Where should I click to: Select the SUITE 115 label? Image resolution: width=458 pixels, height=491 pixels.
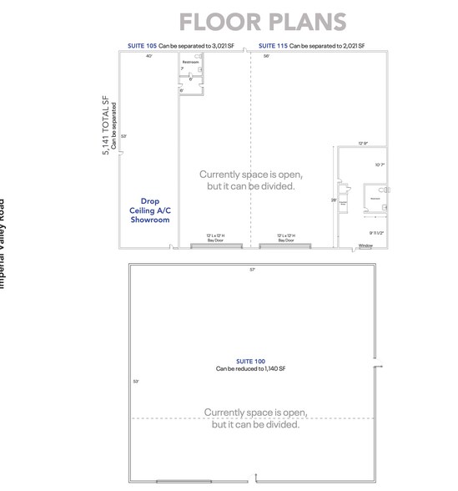[274, 46]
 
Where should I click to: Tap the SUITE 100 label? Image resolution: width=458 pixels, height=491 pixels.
[251, 361]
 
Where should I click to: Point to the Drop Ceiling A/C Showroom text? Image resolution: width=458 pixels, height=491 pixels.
[150, 210]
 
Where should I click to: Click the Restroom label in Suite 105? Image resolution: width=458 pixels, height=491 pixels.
[190, 62]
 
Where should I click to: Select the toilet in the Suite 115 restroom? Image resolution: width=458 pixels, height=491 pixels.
[386, 190]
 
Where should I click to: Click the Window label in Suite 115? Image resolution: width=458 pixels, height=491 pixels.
[365, 245]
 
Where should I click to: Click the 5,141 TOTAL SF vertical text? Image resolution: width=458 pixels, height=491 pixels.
[106, 125]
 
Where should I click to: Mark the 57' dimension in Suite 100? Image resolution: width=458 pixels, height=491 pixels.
[252, 269]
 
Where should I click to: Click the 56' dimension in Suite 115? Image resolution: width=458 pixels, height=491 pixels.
[266, 56]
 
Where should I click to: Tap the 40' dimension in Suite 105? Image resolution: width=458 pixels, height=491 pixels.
[149, 56]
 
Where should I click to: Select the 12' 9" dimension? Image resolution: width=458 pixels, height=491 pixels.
[363, 143]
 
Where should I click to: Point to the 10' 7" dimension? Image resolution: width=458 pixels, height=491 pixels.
[380, 165]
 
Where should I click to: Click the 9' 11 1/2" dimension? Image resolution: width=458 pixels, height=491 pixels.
[377, 233]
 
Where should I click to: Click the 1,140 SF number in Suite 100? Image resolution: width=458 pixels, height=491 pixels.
[275, 368]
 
